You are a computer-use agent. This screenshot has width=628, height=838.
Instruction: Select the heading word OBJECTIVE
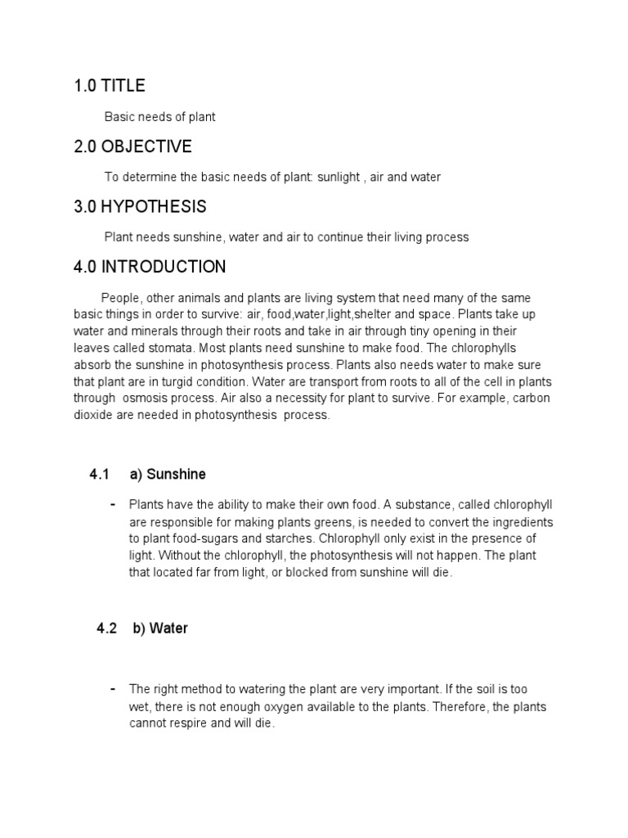(147, 146)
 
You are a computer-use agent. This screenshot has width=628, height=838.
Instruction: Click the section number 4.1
(100, 475)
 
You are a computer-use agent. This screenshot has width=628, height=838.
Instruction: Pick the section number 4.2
(107, 628)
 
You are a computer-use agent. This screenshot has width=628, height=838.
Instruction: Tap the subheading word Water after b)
(169, 628)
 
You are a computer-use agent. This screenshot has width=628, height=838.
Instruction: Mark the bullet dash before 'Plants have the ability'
(111, 503)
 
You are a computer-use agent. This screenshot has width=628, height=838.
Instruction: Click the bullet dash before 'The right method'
(111, 688)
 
